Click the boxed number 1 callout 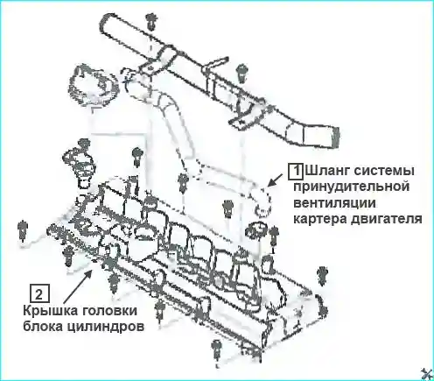[x=296, y=171]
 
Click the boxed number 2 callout [x=39, y=293]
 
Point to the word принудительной [x=352, y=187]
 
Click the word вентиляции [x=334, y=203]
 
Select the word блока [x=42, y=327]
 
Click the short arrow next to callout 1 [x=275, y=180]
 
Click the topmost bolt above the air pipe [x=151, y=21]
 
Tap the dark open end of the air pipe [x=334, y=138]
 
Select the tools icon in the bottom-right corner [x=427, y=374]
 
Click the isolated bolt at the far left [x=22, y=229]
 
